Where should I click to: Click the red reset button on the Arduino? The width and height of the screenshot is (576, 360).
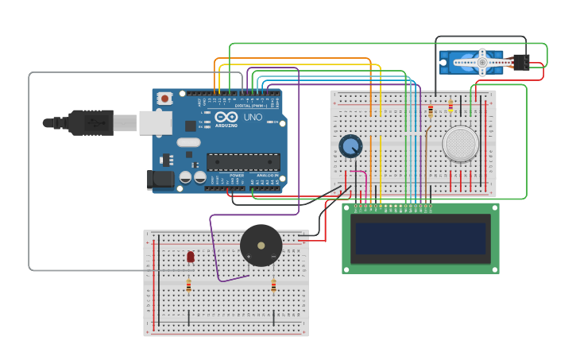click(164, 99)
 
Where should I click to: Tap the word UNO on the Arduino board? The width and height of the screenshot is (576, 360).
click(253, 118)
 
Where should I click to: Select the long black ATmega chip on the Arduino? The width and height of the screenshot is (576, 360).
click(243, 162)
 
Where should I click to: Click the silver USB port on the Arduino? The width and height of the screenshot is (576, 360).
click(155, 122)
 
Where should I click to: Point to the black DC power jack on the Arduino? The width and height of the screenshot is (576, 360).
click(160, 180)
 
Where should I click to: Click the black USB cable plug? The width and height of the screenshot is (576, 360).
click(89, 122)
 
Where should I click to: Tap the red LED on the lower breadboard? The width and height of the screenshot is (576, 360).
click(191, 256)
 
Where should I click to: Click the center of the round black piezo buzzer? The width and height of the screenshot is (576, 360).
click(261, 246)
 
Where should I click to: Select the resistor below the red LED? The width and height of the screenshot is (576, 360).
click(188, 285)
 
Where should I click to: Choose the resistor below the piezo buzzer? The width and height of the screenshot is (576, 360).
click(273, 285)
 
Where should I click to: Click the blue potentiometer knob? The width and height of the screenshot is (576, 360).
click(350, 146)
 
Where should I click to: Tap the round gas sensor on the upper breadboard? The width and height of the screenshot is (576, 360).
click(461, 144)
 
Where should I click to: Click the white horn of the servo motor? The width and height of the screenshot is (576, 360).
click(482, 63)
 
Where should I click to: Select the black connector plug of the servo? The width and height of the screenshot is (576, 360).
click(520, 63)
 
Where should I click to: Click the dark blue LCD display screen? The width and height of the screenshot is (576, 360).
click(420, 238)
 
